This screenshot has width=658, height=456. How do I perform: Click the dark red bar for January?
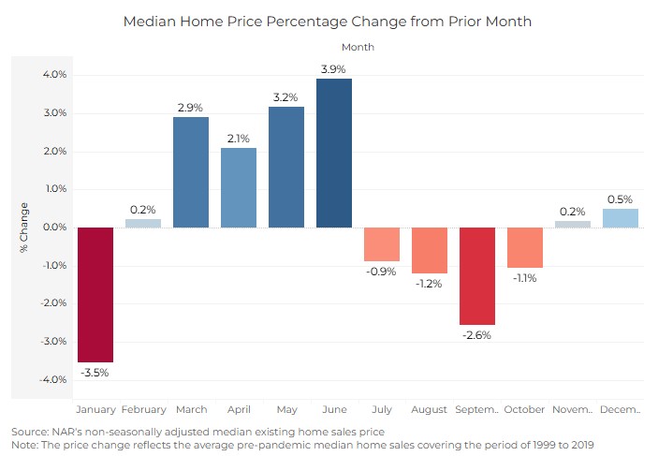coord(95,294)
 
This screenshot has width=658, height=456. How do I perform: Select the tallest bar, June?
coord(334,153)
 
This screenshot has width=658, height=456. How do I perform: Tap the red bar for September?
coord(477,276)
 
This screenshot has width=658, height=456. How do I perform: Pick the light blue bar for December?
coord(621,218)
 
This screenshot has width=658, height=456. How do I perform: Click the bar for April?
coord(239,187)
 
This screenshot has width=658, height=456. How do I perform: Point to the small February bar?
coord(143,223)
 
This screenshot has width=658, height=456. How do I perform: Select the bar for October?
coord(525,247)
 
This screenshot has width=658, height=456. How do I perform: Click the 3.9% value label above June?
coord(334,69)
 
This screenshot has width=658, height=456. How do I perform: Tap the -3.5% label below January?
coord(95,373)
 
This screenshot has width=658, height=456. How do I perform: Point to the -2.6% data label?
coord(477,335)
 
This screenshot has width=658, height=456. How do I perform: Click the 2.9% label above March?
coord(191,108)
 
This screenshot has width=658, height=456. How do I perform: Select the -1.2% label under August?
coord(430,283)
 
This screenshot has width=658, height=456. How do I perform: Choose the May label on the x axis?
coord(286,410)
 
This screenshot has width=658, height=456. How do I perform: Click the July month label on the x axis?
coord(382,410)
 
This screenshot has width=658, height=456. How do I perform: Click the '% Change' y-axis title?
coord(23,228)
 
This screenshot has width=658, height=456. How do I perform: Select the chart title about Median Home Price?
coord(328,21)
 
